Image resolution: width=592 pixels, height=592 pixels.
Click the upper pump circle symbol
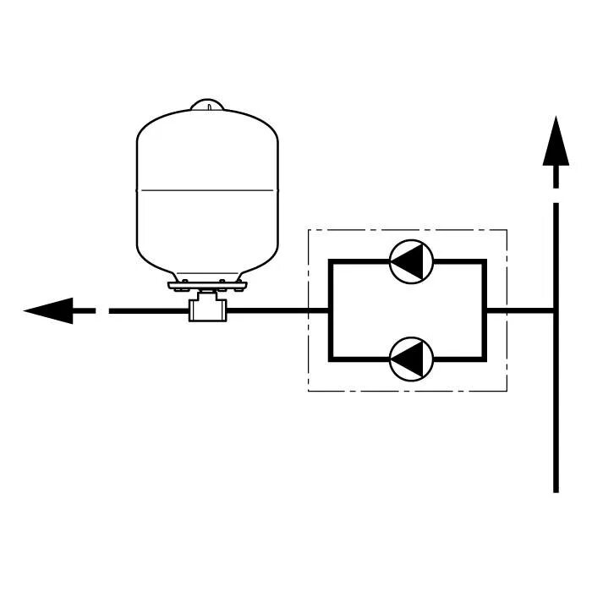click(x=412, y=262)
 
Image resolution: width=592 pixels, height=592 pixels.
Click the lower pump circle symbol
click(x=412, y=359)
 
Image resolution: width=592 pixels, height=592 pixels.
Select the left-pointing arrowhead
click(x=47, y=311)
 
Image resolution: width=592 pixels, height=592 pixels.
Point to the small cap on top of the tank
click(x=206, y=105)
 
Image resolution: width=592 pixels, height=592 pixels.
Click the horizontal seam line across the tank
click(x=207, y=189)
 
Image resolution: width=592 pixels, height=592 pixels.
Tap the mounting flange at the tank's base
click(x=207, y=283)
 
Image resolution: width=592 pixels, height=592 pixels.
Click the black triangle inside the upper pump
click(x=408, y=262)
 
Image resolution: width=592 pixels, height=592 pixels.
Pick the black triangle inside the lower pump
click(x=408, y=359)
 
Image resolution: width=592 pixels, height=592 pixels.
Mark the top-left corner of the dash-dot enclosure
click(x=307, y=229)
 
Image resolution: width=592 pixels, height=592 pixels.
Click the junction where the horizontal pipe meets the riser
click(x=556, y=311)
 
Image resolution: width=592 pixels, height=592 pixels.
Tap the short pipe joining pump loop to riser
click(x=520, y=311)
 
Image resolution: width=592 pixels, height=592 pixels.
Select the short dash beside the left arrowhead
click(x=85, y=311)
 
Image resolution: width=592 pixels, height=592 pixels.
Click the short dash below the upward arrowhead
click(x=556, y=178)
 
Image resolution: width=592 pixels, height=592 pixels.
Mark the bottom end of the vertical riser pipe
click(x=556, y=489)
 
